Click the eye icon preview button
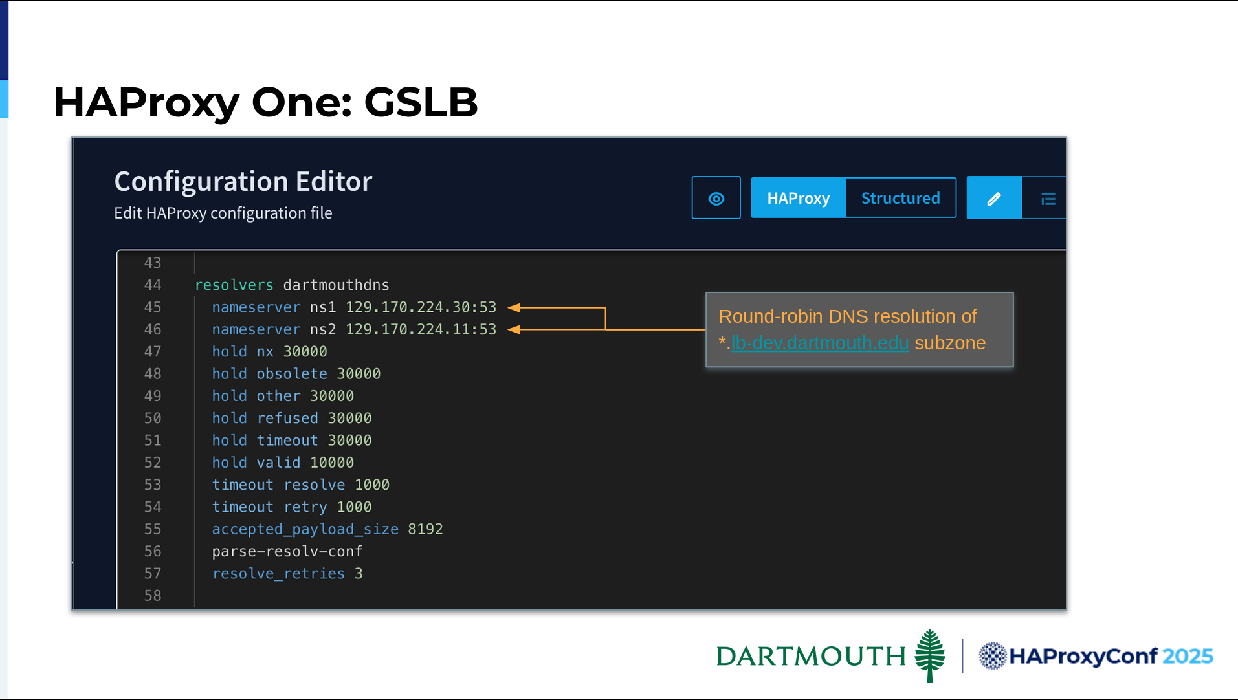(716, 198)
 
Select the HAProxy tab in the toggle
(798, 198)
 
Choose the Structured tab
(900, 198)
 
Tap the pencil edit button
(994, 198)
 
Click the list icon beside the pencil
(1048, 199)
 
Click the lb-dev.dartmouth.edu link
(819, 343)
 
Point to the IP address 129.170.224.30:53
(421, 307)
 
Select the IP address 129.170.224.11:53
(421, 329)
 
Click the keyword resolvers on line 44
(234, 285)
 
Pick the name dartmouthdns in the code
(336, 285)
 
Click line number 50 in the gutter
(153, 418)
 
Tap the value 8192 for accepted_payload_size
(425, 529)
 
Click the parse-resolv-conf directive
(287, 551)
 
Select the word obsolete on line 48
(292, 374)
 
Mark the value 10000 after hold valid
(332, 463)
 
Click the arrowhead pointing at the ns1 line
(514, 308)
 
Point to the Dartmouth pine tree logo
(930, 655)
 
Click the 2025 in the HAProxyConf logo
(1188, 656)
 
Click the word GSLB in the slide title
(421, 102)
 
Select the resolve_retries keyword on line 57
(278, 574)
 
